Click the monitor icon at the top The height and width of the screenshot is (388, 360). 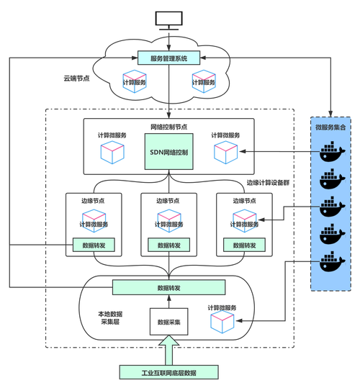pyautogui.click(x=168, y=21)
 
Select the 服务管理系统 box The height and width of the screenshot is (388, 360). pyautogui.click(x=168, y=58)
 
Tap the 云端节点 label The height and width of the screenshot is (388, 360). pyautogui.click(x=76, y=78)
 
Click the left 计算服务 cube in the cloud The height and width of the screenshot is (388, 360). pyautogui.click(x=135, y=81)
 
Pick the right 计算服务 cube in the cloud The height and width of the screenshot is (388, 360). pyautogui.click(x=204, y=81)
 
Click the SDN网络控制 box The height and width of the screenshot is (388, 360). pyautogui.click(x=168, y=152)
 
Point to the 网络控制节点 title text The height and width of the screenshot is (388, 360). pyautogui.click(x=168, y=127)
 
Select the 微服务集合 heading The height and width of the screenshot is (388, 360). pyautogui.click(x=330, y=127)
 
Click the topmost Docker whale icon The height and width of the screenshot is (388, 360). pyautogui.click(x=332, y=151)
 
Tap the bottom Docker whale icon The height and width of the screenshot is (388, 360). pyautogui.click(x=332, y=261)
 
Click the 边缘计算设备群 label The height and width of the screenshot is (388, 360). pyautogui.click(x=268, y=183)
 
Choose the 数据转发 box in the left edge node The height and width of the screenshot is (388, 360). pyautogui.click(x=94, y=245)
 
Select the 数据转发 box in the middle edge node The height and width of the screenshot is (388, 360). pyautogui.click(x=168, y=245)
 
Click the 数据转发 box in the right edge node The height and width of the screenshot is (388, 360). pyautogui.click(x=244, y=245)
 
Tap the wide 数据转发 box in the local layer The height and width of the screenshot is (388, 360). pyautogui.click(x=168, y=287)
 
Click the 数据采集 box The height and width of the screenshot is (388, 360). pyautogui.click(x=168, y=322)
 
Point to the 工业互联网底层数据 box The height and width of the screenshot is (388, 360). pyautogui.click(x=168, y=372)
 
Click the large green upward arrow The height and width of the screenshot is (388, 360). pyautogui.click(x=168, y=350)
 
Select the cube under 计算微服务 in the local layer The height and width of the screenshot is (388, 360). pyautogui.click(x=222, y=322)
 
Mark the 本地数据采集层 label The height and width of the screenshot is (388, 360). pyautogui.click(x=110, y=318)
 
